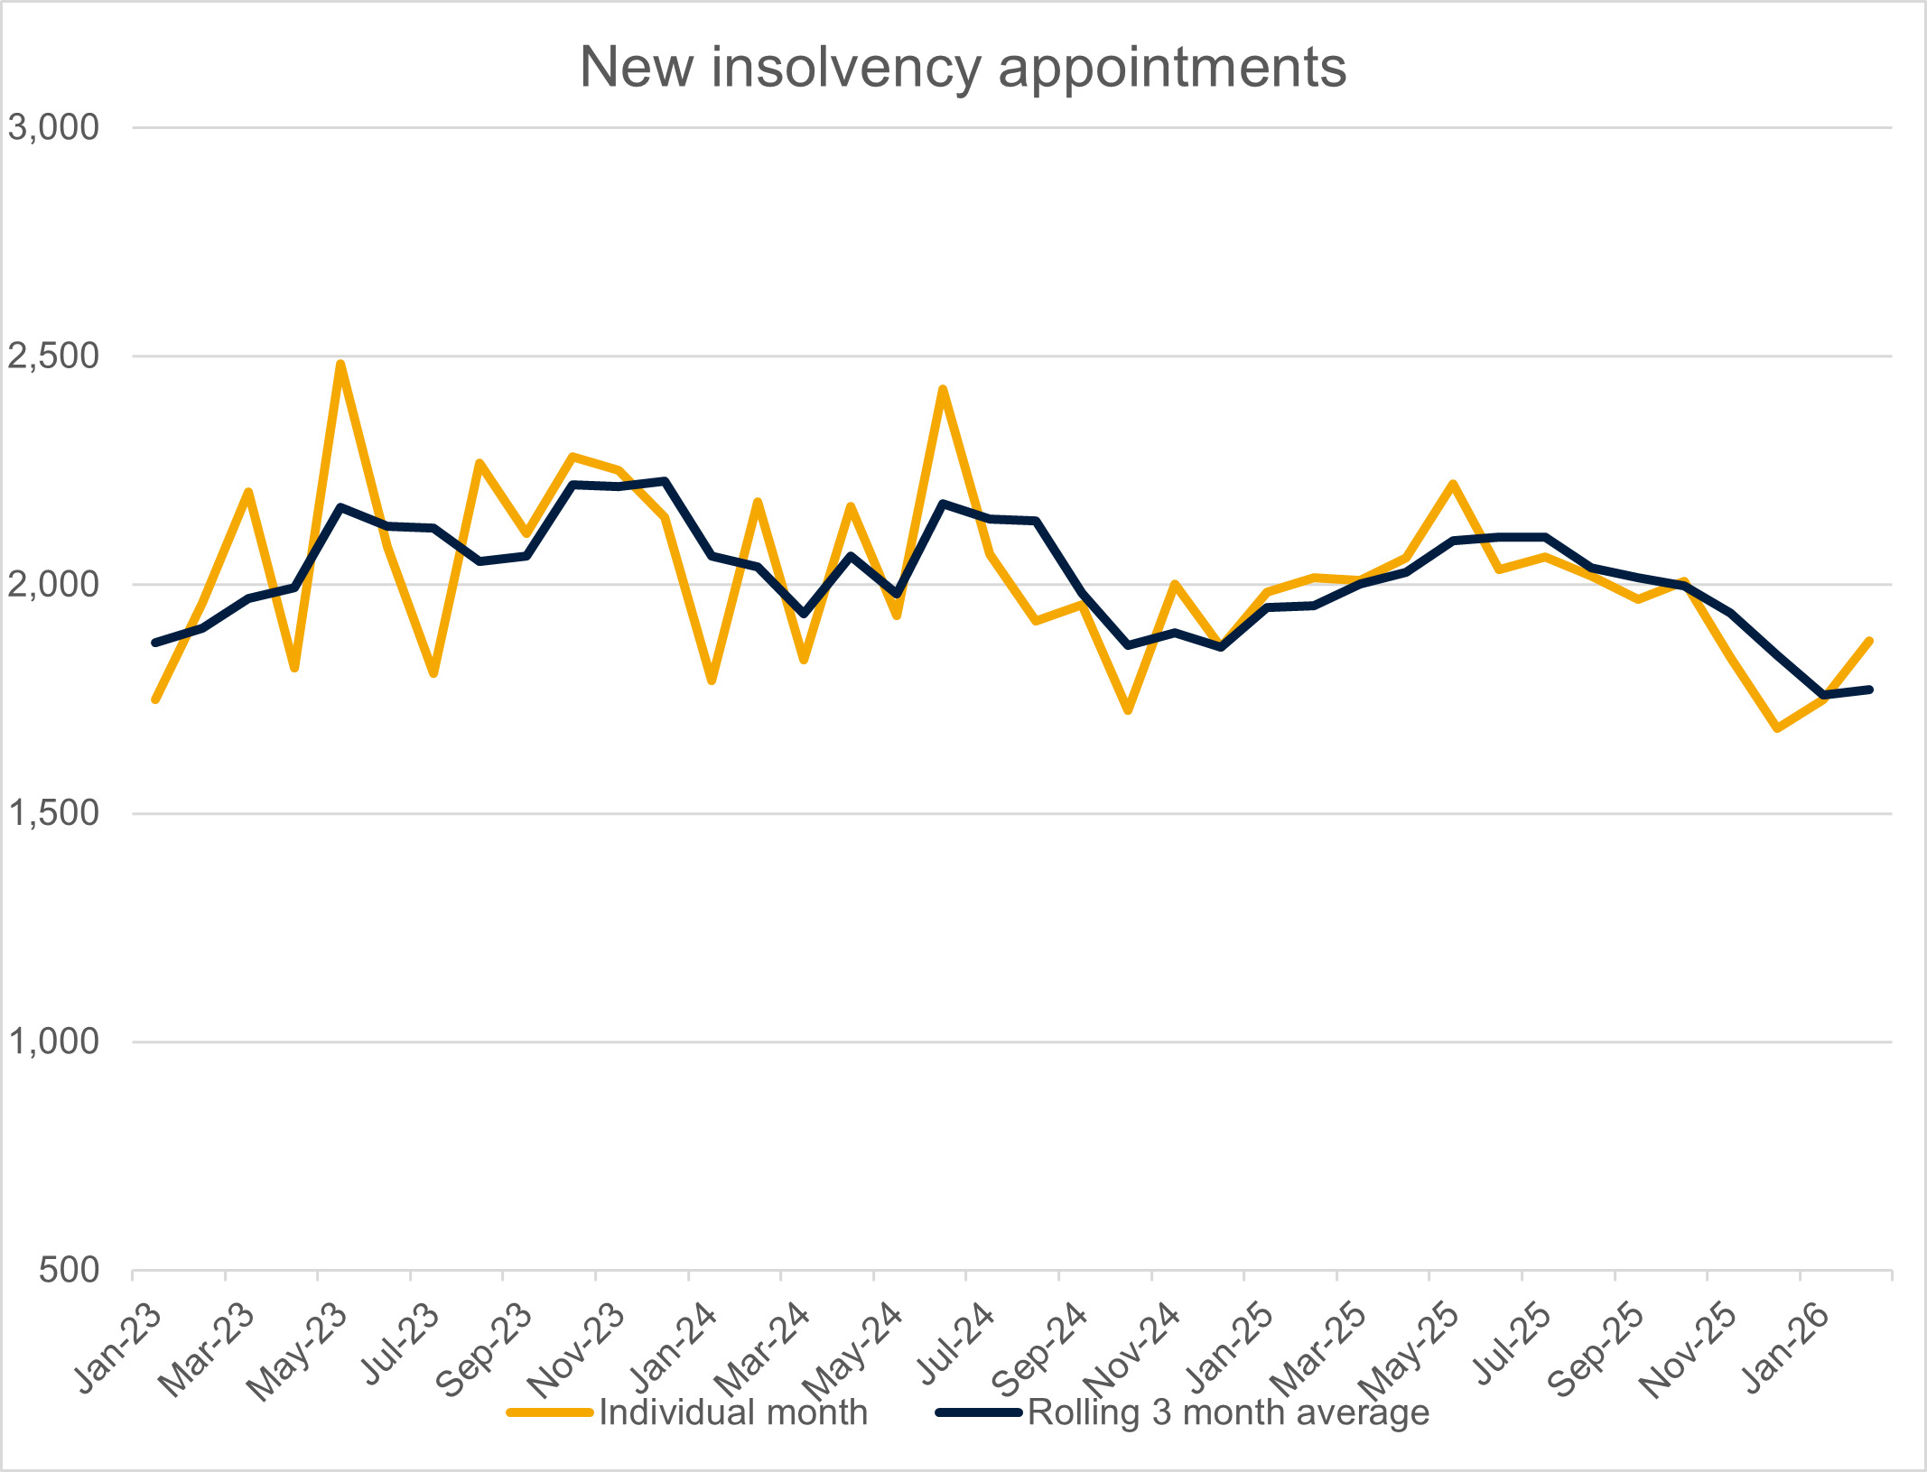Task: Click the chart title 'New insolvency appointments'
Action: tap(963, 67)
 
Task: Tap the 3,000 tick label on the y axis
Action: tap(53, 127)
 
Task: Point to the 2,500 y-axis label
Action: tap(53, 356)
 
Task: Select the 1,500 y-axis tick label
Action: tap(53, 812)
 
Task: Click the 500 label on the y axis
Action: tap(69, 1270)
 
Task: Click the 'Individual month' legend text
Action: tap(732, 1412)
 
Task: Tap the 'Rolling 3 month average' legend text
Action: tap(1228, 1412)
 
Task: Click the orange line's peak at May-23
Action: tap(340, 364)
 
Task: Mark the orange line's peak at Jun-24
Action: tap(943, 389)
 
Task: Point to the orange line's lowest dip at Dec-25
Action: tap(1777, 727)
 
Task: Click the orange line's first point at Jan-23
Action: tap(155, 699)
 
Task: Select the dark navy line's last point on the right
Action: tap(1869, 690)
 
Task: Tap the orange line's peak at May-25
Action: tap(1452, 484)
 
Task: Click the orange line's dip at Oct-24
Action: tap(1128, 711)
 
